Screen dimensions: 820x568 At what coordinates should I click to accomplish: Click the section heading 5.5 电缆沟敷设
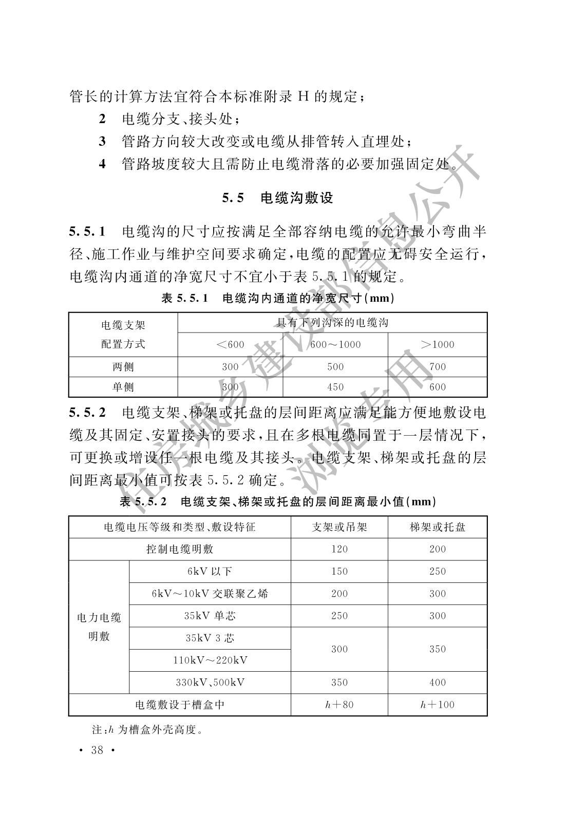click(277, 198)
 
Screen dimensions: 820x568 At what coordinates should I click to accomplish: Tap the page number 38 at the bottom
click(97, 750)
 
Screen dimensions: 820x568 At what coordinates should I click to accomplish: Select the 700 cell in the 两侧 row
click(437, 366)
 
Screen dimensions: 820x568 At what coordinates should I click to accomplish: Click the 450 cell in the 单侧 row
click(335, 387)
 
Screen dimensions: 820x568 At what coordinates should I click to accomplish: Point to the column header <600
click(230, 344)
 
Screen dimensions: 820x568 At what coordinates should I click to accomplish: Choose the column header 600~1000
click(335, 344)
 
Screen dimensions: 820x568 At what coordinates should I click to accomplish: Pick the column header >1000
click(437, 344)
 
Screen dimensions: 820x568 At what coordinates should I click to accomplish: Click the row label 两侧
click(123, 366)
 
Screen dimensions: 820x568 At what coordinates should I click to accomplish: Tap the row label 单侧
click(123, 387)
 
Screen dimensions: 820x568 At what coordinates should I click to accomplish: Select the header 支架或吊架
click(339, 527)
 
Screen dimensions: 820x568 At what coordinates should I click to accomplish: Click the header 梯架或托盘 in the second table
click(438, 527)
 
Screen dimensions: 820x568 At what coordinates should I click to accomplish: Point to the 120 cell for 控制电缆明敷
click(339, 549)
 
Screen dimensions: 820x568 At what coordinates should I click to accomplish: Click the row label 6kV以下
click(210, 571)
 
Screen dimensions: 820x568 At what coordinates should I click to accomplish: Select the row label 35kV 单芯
click(210, 616)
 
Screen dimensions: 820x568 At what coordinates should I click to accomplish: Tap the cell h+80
click(339, 705)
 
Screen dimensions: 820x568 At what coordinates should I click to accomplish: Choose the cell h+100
click(438, 705)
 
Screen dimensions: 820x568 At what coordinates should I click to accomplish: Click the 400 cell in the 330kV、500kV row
click(438, 682)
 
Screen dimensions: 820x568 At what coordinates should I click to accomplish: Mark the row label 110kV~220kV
click(210, 660)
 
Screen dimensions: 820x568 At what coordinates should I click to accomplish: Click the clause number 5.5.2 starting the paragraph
click(87, 412)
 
